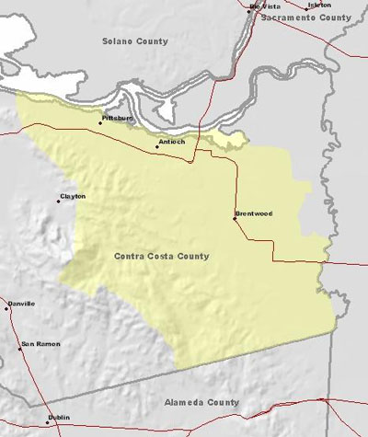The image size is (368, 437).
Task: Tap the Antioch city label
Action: coord(172,142)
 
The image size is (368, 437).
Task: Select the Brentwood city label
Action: coord(253,213)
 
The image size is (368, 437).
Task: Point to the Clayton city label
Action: coord(73,196)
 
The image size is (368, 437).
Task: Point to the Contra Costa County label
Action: coord(161,256)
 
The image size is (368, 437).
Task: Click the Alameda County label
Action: coord(201,402)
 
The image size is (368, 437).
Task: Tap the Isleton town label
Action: coord(319,5)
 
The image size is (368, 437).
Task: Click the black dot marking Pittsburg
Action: coord(101,121)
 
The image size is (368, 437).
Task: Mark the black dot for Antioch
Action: coord(157,146)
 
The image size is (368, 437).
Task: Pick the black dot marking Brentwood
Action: coord(235,218)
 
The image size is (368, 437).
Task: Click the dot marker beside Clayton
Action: coord(58,201)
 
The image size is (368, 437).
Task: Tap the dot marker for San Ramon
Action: coord(21,349)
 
